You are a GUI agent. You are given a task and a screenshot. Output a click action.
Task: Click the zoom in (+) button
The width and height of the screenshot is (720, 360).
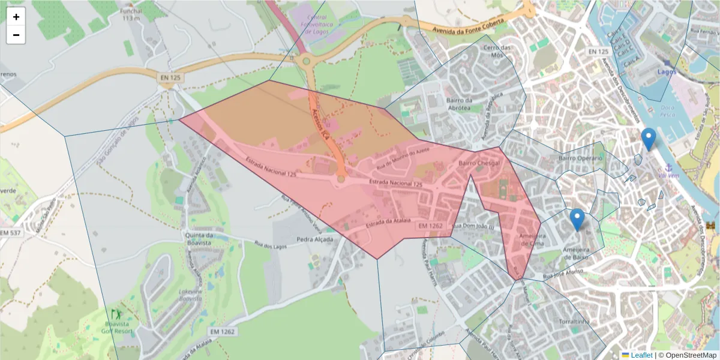[16, 17]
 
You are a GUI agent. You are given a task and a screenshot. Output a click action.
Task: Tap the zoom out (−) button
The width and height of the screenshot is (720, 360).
[16, 35]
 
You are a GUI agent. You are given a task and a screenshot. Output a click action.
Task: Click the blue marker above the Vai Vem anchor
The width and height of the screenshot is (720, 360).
[649, 139]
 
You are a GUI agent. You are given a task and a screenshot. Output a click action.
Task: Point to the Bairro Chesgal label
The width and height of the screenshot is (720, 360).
[479, 163]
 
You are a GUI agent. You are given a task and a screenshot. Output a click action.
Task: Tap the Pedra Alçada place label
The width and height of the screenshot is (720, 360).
[314, 239]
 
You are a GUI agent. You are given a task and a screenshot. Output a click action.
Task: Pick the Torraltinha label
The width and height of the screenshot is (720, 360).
[571, 322]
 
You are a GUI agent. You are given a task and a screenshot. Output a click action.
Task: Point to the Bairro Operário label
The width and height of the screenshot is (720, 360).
[580, 158]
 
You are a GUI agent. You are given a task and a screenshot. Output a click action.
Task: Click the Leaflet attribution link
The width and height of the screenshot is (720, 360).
[641, 355]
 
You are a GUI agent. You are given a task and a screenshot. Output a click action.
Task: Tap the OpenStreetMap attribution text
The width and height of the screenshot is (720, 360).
[688, 355]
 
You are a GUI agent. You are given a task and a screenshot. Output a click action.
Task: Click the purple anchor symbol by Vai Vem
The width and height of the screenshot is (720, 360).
[667, 168]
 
